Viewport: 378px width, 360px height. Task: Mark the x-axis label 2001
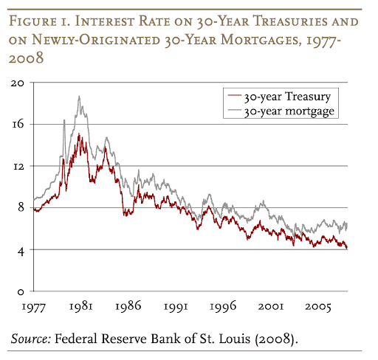click(x=279, y=305)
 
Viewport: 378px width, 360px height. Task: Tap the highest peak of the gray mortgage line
click(x=78, y=97)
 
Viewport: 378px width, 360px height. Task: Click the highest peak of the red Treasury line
click(x=79, y=134)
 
